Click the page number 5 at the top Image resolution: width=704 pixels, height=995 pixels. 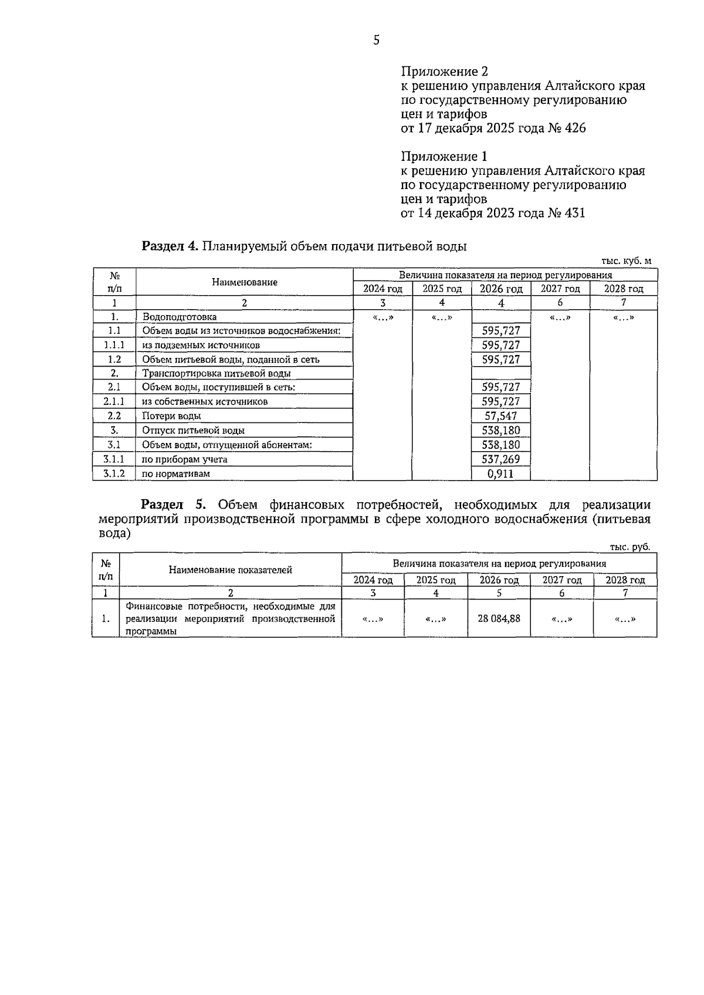[376, 40]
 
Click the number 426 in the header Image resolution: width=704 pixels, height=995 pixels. [574, 128]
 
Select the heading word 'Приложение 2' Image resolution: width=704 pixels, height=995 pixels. [444, 72]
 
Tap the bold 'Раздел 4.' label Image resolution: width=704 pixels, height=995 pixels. [170, 246]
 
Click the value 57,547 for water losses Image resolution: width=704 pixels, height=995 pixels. [501, 416]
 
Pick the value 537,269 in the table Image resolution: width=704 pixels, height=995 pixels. [501, 459]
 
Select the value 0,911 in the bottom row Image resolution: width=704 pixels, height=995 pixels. [501, 473]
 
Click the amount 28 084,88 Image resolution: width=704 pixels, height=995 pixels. [499, 618]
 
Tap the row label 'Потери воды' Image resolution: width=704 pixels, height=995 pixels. [171, 416]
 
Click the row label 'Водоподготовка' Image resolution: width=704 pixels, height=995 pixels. [179, 317]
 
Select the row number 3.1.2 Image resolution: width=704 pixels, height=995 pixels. [114, 473]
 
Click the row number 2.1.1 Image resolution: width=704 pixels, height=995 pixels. [114, 401]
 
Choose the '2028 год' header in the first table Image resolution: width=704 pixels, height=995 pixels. [624, 289]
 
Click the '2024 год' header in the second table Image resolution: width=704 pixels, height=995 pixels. [373, 580]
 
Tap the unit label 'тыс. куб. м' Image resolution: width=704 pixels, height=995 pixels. [626, 261]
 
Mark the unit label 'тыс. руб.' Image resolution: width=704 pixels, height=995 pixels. [629, 547]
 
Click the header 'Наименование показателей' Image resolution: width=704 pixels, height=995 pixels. [231, 570]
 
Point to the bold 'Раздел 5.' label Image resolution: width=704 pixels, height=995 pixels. [174, 505]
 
